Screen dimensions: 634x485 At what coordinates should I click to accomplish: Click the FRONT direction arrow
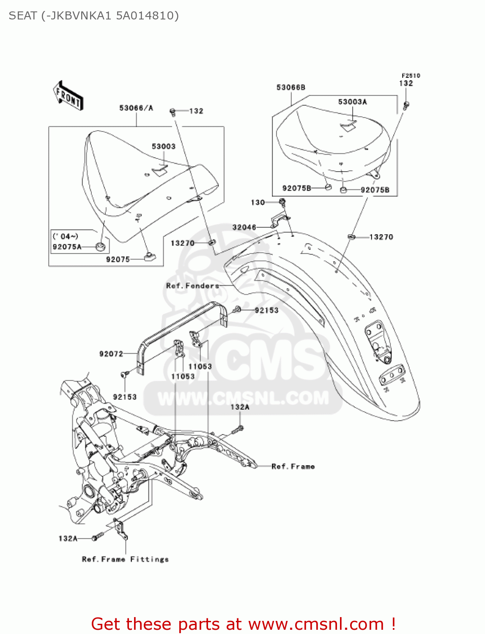point(68,96)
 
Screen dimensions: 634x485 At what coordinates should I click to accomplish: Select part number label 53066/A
point(136,108)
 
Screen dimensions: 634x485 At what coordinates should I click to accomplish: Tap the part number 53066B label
point(290,87)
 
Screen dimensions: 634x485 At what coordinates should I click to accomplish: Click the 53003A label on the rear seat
point(352,102)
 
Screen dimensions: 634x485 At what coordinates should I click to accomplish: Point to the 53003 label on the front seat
point(163,147)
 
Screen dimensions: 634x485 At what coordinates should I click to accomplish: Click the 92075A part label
point(67,247)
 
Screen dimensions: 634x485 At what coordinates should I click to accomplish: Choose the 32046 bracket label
point(244,227)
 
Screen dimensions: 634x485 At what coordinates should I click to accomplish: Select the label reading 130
point(258,202)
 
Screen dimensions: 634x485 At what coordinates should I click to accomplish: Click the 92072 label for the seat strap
point(111,354)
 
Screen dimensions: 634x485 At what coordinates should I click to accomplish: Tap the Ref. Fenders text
point(192,286)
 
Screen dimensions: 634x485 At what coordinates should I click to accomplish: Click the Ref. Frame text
point(293,467)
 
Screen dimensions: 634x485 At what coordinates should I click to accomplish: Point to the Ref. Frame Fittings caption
point(125,559)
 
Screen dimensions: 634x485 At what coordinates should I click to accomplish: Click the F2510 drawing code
point(411,76)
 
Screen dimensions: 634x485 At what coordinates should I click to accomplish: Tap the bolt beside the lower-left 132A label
point(98,537)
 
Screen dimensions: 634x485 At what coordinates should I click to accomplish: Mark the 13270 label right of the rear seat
point(381,237)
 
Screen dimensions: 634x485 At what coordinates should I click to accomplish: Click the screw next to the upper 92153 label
point(237,310)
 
